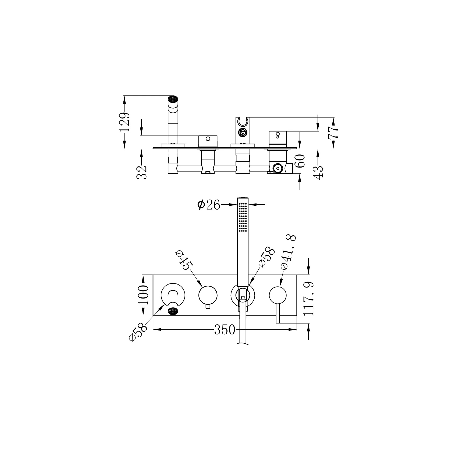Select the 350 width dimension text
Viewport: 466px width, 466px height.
click(225, 329)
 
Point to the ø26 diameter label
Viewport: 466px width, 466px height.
click(209, 205)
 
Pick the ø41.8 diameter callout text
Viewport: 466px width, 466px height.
click(288, 252)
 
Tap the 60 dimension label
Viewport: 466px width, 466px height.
click(300, 161)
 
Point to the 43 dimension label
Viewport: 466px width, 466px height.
click(319, 172)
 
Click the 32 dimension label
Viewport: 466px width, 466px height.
click(142, 172)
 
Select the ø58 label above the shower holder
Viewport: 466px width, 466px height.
click(266, 257)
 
